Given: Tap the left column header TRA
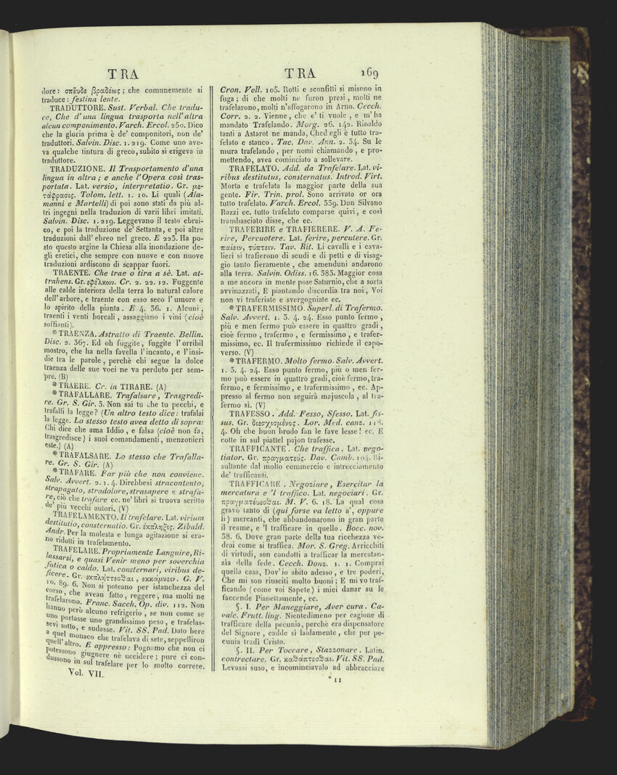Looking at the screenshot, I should click(x=122, y=73).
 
